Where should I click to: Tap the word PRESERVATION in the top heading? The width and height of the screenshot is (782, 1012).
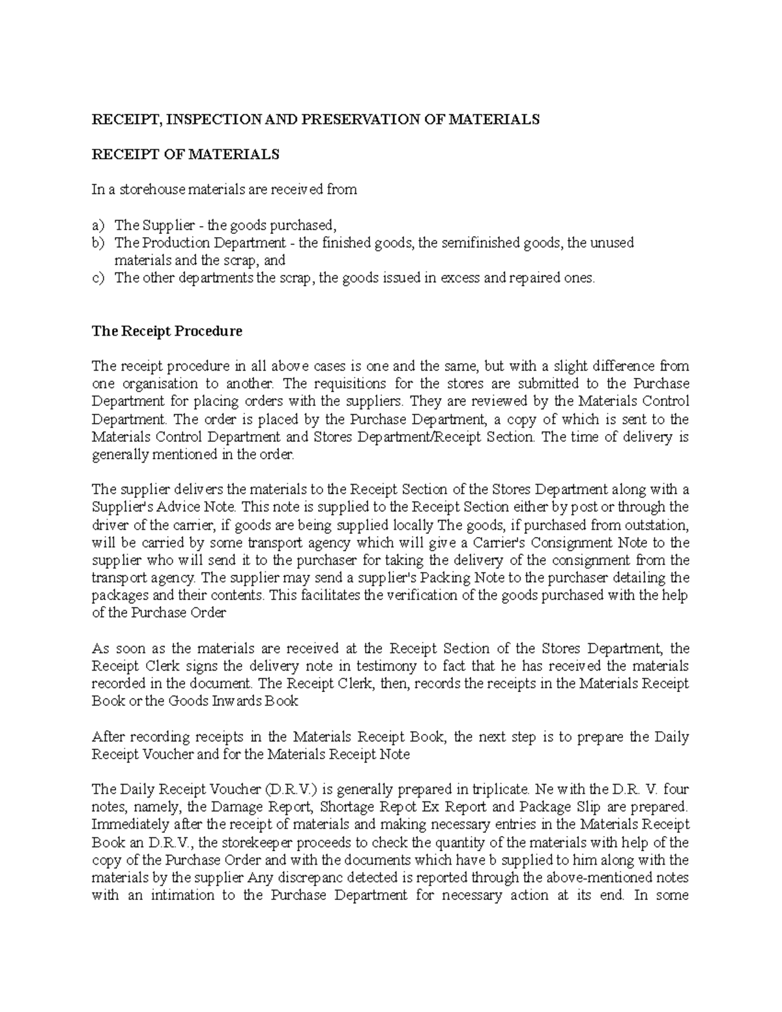click(356, 119)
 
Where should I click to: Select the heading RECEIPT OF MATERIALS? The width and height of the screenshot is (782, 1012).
click(185, 154)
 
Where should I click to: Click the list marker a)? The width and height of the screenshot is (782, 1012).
click(98, 225)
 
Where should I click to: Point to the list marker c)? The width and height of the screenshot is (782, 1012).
click(98, 278)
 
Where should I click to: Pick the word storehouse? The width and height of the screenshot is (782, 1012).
click(153, 190)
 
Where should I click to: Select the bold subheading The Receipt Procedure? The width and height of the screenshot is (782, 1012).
click(167, 331)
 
